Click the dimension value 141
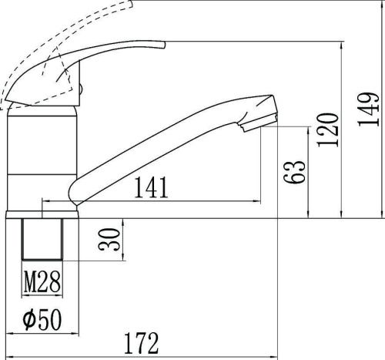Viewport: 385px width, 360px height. point(152,187)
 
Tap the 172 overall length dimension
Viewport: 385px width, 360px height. point(142,343)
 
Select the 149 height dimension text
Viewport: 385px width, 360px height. point(369,109)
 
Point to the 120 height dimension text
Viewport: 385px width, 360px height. point(328,130)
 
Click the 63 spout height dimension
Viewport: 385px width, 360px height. point(294,172)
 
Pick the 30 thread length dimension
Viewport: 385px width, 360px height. point(109,239)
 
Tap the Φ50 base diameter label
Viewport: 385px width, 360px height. point(42,319)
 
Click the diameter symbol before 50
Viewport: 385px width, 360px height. point(28,319)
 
